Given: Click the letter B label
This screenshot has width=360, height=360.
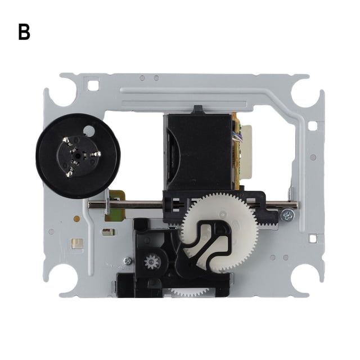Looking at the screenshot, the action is (24, 33).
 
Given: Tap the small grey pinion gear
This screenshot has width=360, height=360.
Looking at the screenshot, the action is (152, 262).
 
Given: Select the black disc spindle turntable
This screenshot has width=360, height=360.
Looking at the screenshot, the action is (78, 156).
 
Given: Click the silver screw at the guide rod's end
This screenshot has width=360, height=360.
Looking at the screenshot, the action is (287, 215).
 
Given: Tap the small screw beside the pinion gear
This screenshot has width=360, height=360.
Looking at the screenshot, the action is (128, 260).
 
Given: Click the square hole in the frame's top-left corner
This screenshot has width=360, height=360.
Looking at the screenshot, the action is (93, 85).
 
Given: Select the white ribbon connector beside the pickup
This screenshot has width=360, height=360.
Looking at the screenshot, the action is (246, 152).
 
